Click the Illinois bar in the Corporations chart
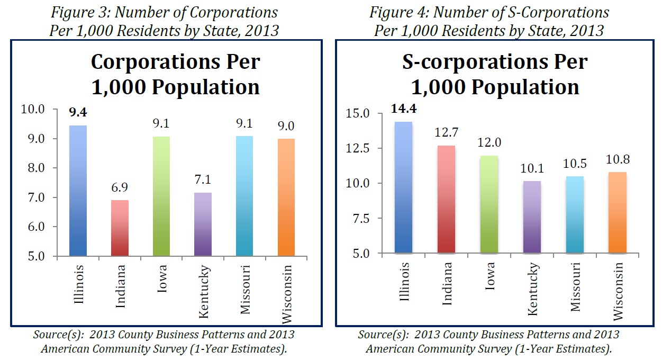tap(78, 191)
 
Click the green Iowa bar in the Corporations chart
tap(161, 196)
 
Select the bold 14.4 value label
tap(404, 109)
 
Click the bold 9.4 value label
tap(78, 113)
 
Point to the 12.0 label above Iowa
tap(488, 143)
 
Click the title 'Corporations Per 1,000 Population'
tap(175, 74)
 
